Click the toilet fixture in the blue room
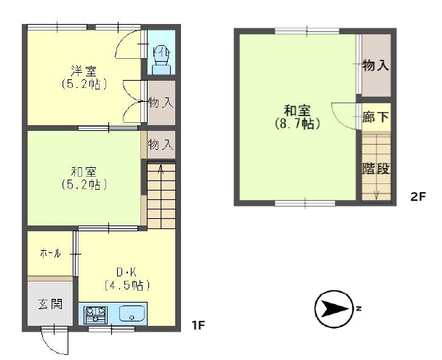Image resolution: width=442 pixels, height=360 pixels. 161,60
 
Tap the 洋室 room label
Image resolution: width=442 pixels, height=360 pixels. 84,71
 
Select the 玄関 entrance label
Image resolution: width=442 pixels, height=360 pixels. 50,305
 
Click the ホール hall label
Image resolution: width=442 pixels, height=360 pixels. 50,253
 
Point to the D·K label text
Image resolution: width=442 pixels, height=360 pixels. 126,272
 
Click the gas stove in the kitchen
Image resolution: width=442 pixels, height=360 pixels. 96,314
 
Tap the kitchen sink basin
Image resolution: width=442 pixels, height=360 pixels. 132,313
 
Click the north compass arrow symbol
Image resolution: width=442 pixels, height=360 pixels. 334,309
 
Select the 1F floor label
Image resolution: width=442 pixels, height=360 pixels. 198,325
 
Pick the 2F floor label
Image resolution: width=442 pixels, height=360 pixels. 418,196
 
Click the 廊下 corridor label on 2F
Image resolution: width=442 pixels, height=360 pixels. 376,117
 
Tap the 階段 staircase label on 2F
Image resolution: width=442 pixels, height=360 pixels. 376,168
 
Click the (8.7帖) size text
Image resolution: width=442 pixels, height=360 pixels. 297,124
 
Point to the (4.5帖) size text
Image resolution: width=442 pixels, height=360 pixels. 126,285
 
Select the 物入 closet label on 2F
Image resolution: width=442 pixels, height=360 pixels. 376,65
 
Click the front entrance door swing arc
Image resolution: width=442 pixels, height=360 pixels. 52,345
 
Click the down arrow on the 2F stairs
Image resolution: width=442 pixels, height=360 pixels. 377,195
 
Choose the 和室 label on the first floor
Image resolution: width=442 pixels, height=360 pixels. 84,172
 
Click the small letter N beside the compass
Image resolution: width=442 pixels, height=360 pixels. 359,308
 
